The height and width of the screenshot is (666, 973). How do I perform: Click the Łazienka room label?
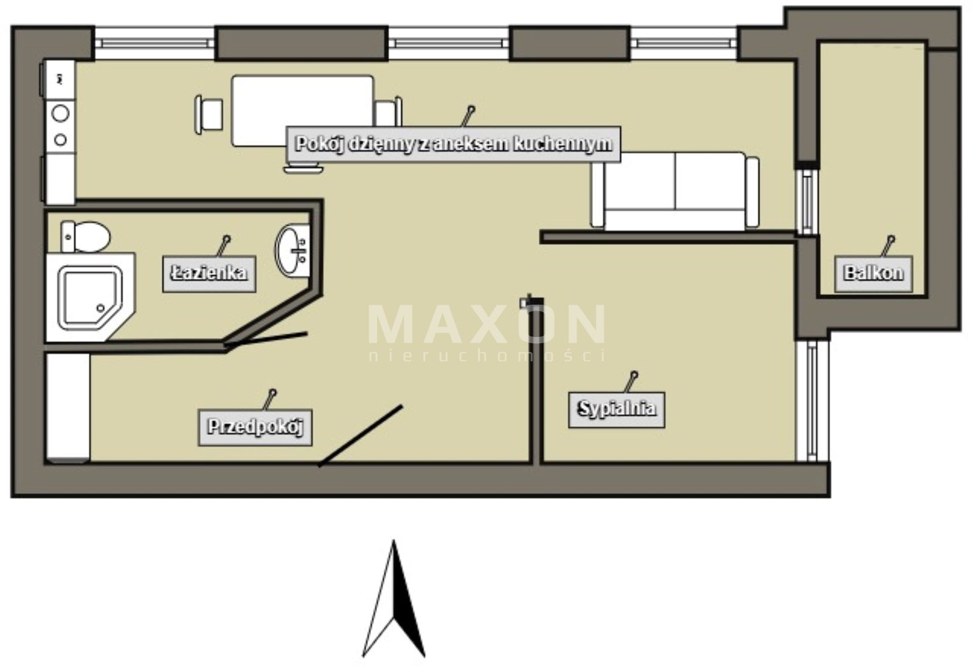(209, 274)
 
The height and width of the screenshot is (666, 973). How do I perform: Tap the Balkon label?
(873, 274)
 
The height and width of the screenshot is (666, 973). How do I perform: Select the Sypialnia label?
(617, 409)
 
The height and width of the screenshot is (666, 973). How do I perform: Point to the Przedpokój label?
(255, 427)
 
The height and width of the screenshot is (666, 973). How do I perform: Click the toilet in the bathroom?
(85, 237)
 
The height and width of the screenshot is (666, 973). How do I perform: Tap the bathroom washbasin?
(293, 250)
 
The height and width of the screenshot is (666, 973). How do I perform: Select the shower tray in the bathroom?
(91, 297)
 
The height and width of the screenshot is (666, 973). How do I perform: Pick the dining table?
(302, 111)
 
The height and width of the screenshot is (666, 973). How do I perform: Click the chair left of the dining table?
(209, 114)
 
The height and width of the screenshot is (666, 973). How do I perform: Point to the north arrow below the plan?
(393, 598)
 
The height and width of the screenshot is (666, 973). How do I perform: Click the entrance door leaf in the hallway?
(360, 435)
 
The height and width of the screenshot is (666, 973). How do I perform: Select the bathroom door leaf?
(266, 339)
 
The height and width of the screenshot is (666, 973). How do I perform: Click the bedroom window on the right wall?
(812, 401)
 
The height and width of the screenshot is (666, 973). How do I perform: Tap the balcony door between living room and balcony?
(808, 200)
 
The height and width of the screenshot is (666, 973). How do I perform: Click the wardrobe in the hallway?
(68, 408)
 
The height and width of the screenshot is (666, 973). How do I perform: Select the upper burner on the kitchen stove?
(60, 114)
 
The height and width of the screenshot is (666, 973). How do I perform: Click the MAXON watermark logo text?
(486, 324)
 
